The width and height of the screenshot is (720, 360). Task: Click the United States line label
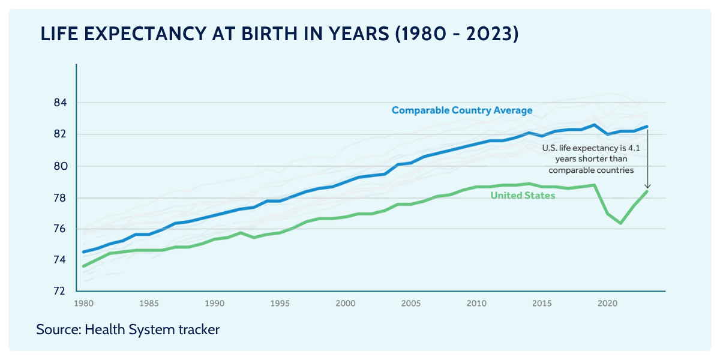(x=523, y=196)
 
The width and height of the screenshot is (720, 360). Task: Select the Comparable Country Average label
(x=462, y=110)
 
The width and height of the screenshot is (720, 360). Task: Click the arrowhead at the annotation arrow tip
(x=648, y=187)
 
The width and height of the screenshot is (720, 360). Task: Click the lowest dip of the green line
(x=621, y=223)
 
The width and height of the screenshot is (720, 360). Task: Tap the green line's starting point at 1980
(x=83, y=266)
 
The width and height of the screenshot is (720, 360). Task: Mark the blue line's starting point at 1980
(x=83, y=251)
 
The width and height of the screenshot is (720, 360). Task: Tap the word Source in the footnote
(x=58, y=329)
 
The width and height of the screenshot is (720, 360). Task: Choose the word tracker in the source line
(x=197, y=329)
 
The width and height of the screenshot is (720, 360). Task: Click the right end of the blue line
(x=647, y=127)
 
